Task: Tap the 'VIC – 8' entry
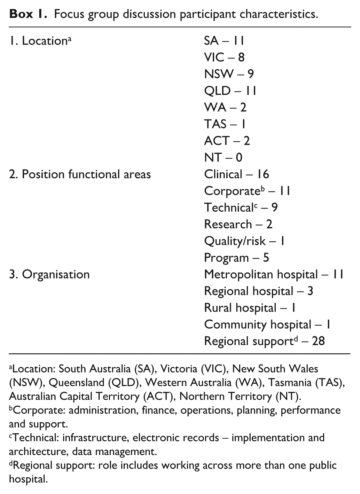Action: [224, 57]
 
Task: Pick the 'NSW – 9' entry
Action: [229, 74]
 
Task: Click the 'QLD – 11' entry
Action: [230, 91]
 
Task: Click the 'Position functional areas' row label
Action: [80, 174]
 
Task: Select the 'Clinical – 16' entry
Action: [236, 174]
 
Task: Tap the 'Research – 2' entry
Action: [238, 224]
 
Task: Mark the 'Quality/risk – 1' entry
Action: [244, 241]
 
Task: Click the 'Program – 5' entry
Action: [236, 258]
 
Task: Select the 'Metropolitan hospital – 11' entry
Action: [274, 274]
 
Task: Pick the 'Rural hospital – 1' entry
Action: [250, 308]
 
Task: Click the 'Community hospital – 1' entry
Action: [267, 324]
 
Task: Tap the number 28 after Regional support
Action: [318, 341]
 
